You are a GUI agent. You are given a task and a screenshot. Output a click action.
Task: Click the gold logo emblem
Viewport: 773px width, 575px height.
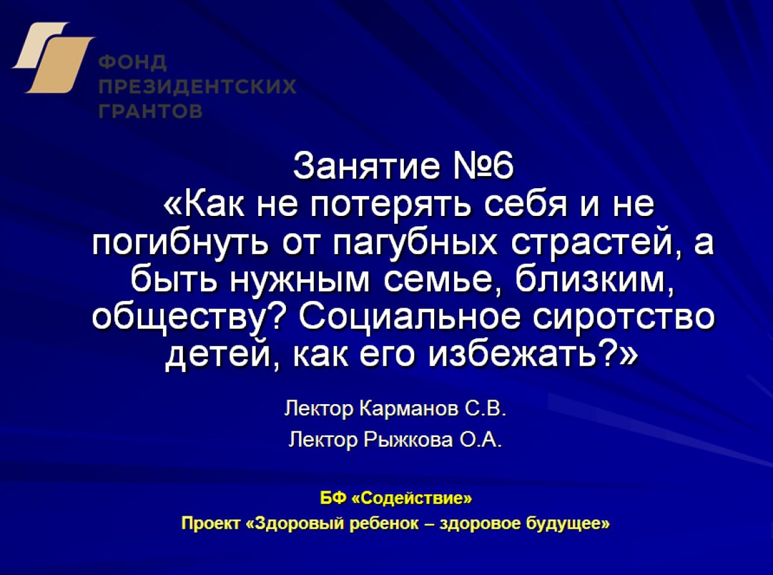(53, 57)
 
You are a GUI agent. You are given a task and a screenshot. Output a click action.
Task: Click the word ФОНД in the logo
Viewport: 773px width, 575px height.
(133, 63)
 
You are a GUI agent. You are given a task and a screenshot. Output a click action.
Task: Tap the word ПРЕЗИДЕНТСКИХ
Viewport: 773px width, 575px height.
(198, 86)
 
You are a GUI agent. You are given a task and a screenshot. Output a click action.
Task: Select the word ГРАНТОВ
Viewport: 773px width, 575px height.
(151, 111)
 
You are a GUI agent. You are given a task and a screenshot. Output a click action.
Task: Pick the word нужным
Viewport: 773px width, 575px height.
(299, 282)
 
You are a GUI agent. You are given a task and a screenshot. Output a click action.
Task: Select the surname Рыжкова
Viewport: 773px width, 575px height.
(408, 440)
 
